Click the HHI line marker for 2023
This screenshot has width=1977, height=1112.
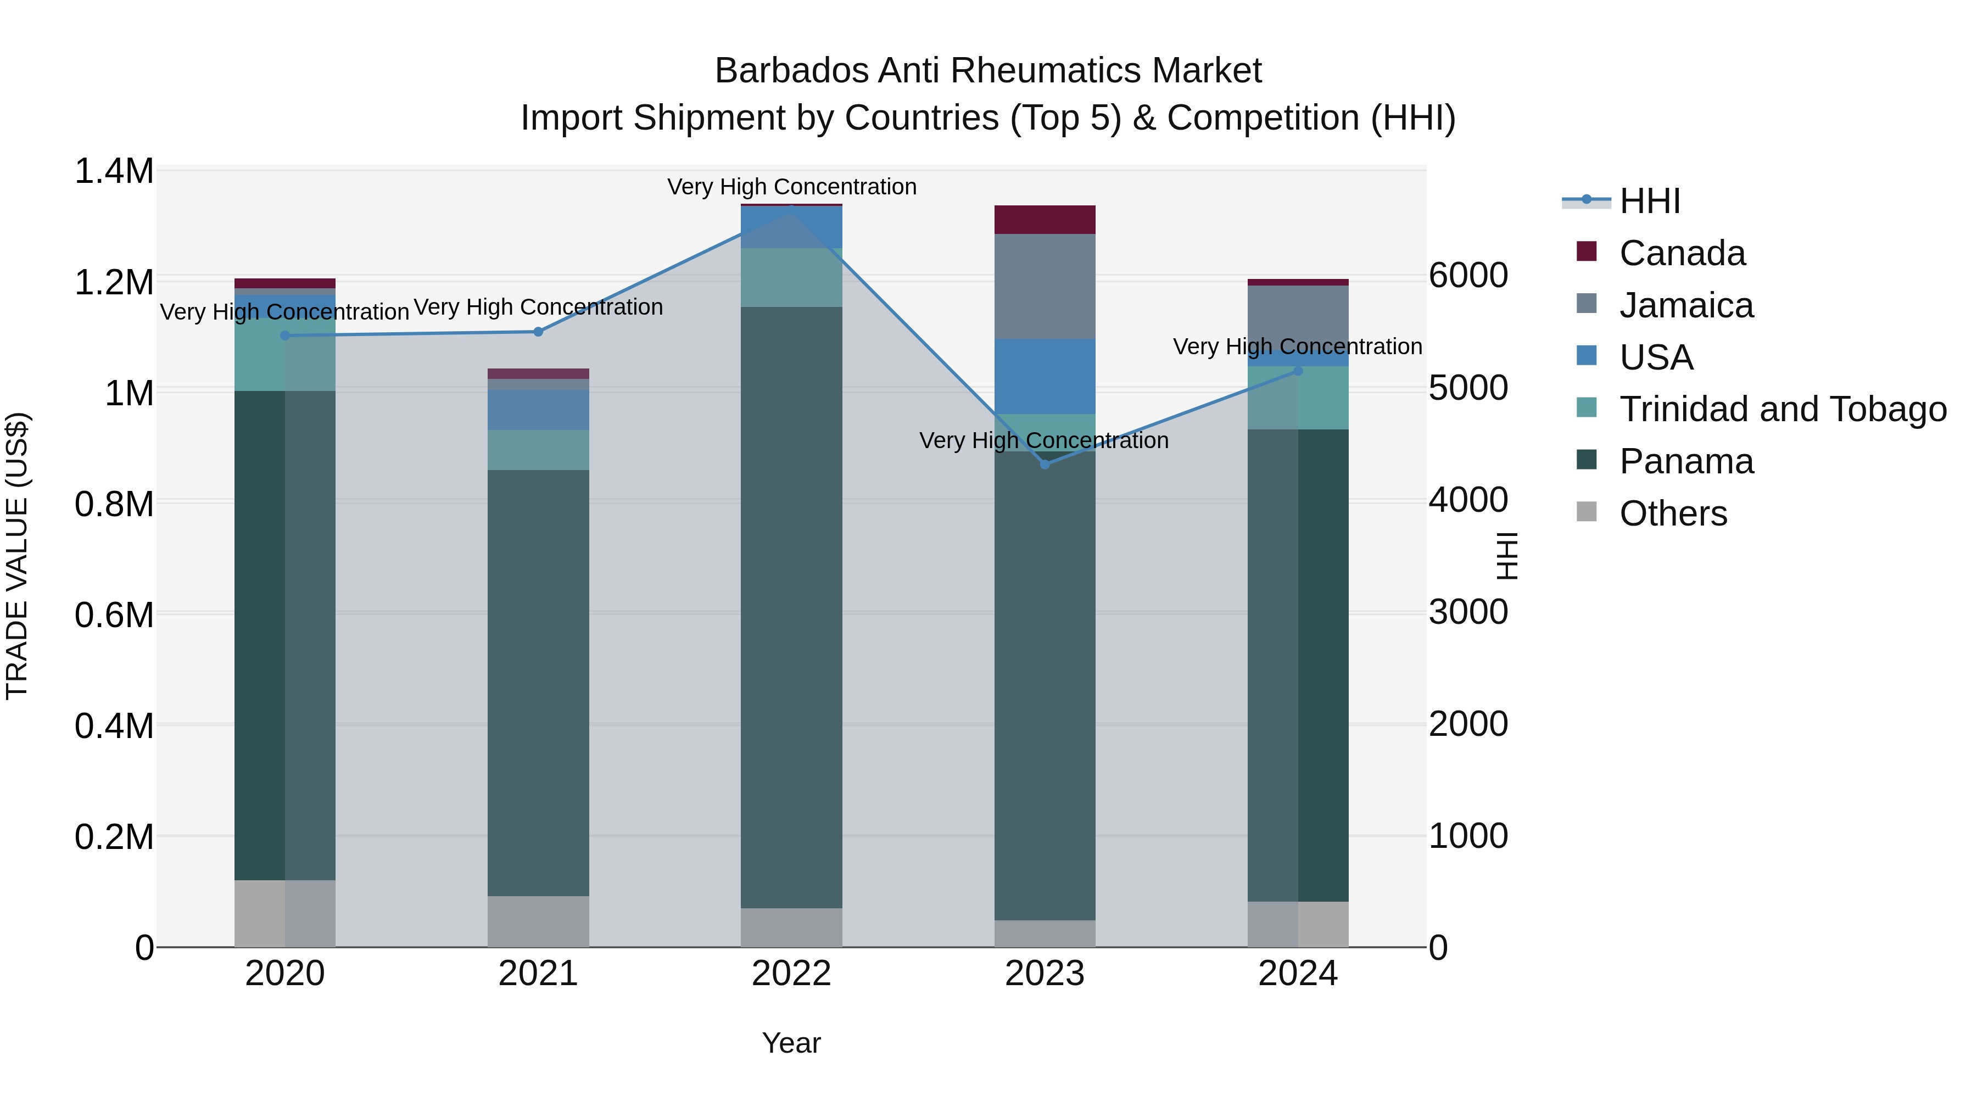pos(1045,464)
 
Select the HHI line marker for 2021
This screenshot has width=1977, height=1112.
pos(538,332)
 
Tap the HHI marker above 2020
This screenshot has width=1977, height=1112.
pos(284,336)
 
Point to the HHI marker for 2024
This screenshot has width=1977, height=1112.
pos(1298,371)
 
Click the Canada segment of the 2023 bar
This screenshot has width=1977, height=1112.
pos(1045,220)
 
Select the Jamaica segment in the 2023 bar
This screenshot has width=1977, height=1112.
pos(1045,286)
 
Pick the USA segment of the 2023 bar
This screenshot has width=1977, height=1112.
pos(1045,376)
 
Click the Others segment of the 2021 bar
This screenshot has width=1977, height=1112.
pos(538,921)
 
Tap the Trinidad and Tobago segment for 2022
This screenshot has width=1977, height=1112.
pos(791,277)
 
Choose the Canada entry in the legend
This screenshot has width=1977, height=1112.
pos(1682,253)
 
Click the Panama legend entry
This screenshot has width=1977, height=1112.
pos(1686,461)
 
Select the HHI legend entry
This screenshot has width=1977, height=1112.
pos(1649,201)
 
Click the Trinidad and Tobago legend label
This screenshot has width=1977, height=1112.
pos(1783,409)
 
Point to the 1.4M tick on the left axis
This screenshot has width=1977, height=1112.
pos(114,171)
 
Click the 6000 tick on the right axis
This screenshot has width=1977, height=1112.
pos(1468,276)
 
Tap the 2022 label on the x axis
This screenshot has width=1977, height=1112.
pos(791,974)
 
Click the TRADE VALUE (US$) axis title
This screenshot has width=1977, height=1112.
pos(17,556)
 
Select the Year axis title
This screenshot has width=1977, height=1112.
pos(791,1043)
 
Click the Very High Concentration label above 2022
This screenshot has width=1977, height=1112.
pos(791,187)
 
